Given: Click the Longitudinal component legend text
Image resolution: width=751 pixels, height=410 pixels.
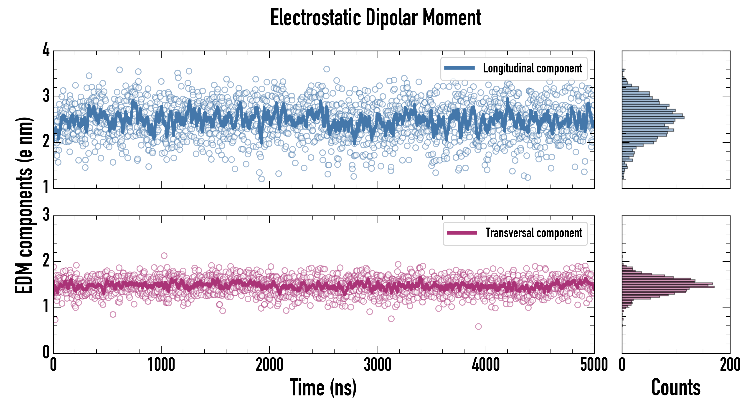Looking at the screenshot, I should (x=532, y=68).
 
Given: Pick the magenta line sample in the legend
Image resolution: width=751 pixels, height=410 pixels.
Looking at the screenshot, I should (x=462, y=233).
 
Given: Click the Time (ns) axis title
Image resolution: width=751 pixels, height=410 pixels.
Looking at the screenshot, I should (x=323, y=387).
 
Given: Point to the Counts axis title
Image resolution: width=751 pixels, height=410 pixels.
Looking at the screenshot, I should (x=676, y=387).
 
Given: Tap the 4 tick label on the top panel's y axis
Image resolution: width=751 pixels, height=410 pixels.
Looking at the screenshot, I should (x=46, y=49).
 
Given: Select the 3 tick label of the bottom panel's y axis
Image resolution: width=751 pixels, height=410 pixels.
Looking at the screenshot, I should (x=46, y=215).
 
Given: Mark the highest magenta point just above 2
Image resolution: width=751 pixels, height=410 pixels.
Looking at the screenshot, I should (x=164, y=256).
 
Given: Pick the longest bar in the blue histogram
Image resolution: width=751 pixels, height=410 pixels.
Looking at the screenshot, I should (x=653, y=118).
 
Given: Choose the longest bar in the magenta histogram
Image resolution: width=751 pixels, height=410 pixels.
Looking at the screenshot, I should (x=668, y=287).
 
